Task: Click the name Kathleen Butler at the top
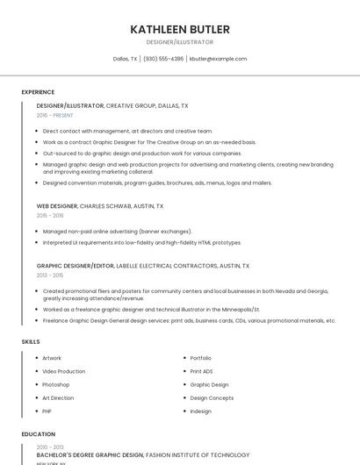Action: (x=180, y=29)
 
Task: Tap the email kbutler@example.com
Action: (x=218, y=59)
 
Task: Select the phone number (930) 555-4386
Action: (x=163, y=59)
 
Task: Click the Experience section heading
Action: (x=38, y=92)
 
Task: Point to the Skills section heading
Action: (x=31, y=340)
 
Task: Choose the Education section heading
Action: (x=38, y=434)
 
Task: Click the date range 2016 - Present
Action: (x=55, y=115)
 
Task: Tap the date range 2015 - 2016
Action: (x=50, y=215)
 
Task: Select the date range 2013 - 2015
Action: (x=50, y=275)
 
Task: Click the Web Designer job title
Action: (x=57, y=205)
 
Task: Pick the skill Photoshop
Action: (x=55, y=384)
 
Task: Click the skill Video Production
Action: (x=64, y=371)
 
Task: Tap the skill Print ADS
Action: (x=201, y=371)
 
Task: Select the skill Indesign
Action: (x=200, y=411)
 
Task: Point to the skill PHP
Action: (x=47, y=411)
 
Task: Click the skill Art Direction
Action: (x=58, y=397)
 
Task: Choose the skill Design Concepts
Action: (x=212, y=397)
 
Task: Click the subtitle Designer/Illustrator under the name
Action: (x=180, y=42)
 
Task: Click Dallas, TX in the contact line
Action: (x=126, y=59)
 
